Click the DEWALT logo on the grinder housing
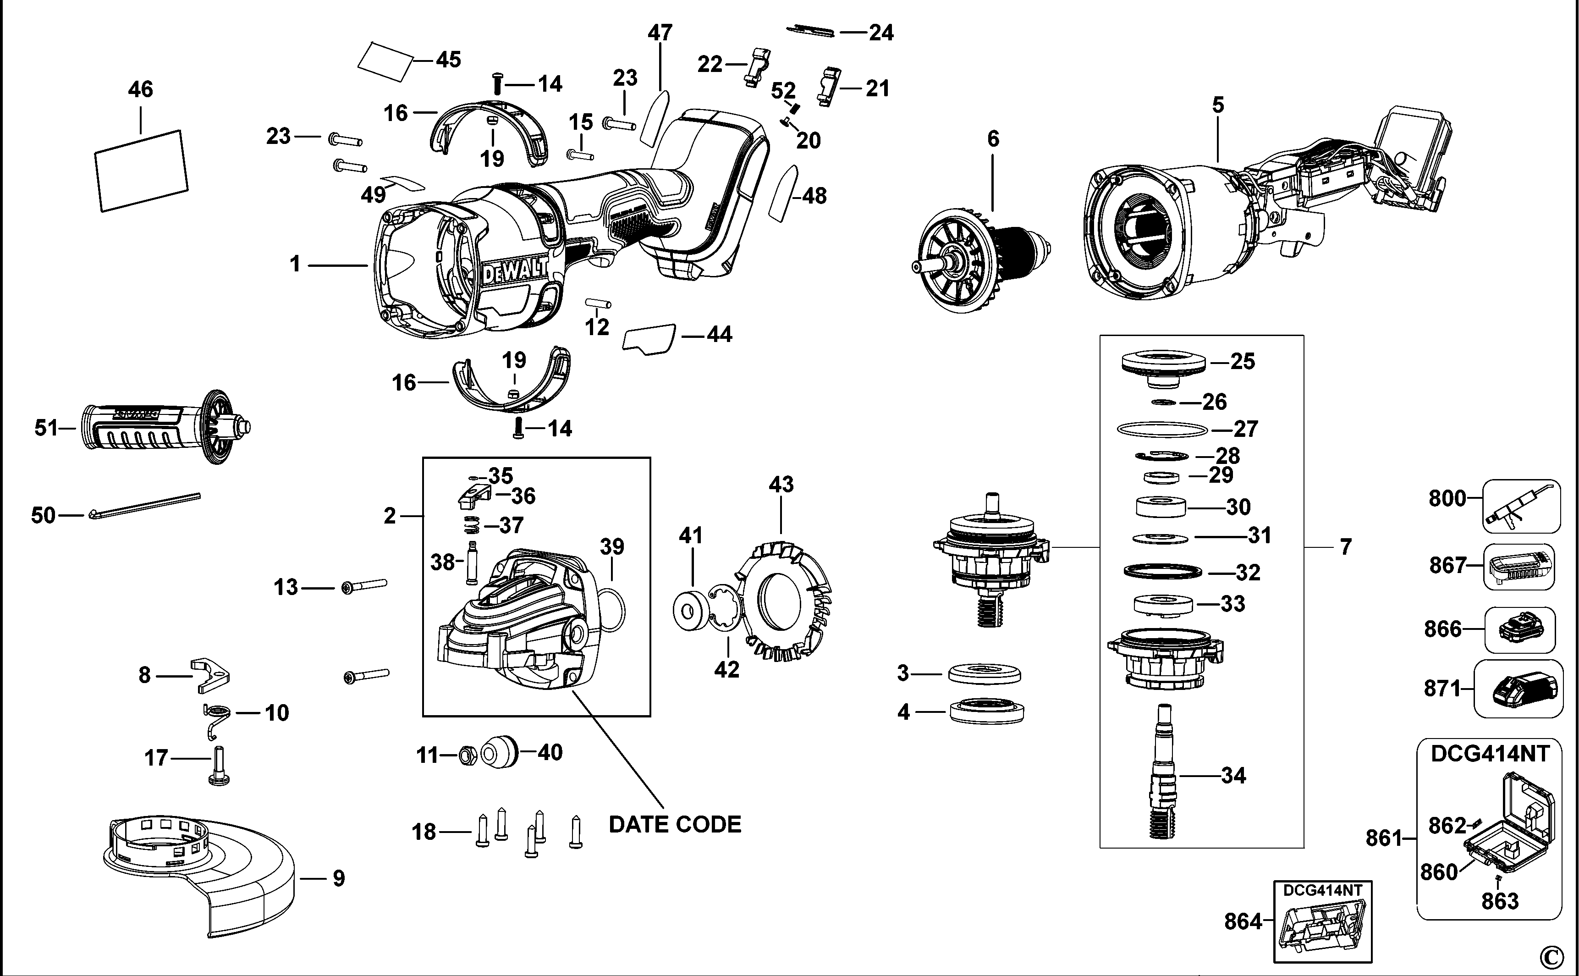coord(514,271)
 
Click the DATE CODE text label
coord(675,824)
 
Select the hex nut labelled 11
coord(467,755)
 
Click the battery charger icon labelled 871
coord(1519,689)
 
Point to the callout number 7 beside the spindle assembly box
coord(1345,547)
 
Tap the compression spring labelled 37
coord(473,526)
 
